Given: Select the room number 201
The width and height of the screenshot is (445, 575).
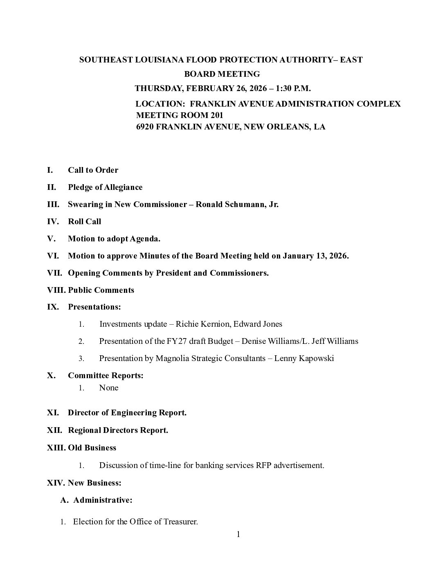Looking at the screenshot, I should [216, 115].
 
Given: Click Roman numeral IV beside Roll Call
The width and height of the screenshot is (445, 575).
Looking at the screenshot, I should [53, 221].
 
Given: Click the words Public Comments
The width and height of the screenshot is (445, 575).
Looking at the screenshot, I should [101, 290].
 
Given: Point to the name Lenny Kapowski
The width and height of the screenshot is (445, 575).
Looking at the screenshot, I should [304, 358].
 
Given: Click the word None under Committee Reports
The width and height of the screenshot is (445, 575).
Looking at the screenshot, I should [109, 388].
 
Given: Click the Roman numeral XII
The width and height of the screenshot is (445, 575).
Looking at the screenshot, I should [55, 430].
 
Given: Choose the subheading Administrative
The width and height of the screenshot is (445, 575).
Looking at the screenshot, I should [103, 500].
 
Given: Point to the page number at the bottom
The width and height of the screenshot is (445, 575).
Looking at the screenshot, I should [238, 534].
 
